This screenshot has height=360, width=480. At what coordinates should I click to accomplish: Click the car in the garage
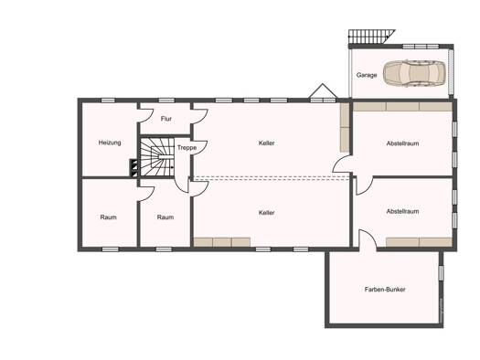pos(414,73)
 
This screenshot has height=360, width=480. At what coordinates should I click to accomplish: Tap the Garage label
pos(367,75)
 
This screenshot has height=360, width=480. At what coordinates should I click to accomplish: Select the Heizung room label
pos(110,143)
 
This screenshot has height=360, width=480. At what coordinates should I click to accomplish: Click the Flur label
pos(166,119)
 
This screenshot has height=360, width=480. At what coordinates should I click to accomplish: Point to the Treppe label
pos(187,148)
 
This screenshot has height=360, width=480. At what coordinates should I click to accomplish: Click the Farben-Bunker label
pos(385,290)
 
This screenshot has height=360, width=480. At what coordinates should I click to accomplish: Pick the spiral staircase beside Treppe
pos(157,157)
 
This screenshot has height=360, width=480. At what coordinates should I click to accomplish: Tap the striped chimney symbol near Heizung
pos(134,167)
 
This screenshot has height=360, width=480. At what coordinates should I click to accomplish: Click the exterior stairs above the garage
pos(371,37)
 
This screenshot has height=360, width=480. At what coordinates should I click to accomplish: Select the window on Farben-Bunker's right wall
pos(441,273)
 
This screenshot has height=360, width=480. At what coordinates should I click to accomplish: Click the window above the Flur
pos(166,101)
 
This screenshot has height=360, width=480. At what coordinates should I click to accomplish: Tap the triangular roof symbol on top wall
pos(323,90)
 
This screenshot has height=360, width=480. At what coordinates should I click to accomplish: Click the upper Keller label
pos(266,143)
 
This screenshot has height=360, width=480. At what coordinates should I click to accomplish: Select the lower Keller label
pos(266,213)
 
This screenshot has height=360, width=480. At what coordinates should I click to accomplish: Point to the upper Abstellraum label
pos(402,143)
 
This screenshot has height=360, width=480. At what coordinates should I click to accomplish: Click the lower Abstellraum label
pos(402,211)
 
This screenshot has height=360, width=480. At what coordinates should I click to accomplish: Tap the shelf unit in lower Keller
pos(222,242)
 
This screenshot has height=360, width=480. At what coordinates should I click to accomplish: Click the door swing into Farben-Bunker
pos(368,239)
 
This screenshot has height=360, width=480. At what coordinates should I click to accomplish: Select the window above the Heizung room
pos(108,101)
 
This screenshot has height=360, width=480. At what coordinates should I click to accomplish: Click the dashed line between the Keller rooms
pos(271,178)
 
